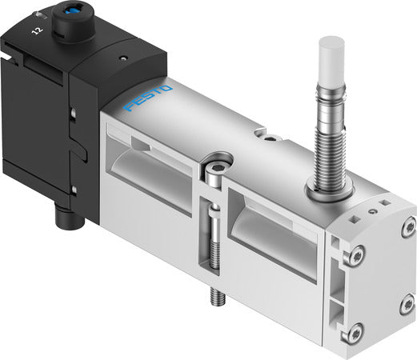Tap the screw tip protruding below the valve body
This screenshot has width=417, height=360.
pos(215,298)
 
